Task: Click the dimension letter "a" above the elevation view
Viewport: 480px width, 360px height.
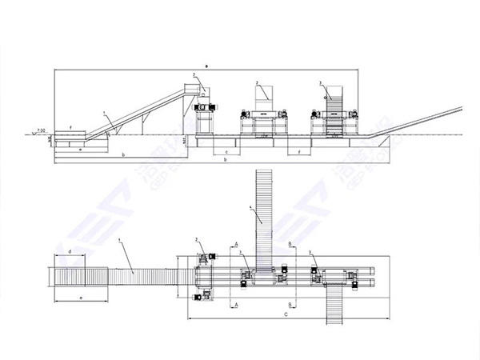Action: pos(206,63)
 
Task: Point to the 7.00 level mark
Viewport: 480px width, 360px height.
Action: pos(42,130)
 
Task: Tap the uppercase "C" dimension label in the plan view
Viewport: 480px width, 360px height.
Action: pos(286,316)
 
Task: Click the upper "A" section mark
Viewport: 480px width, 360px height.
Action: pos(236,241)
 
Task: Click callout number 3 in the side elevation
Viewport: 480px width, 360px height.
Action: pos(319,83)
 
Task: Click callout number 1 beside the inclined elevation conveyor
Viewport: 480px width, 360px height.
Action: pos(103,114)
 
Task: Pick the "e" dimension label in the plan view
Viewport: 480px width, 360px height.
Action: pos(81,297)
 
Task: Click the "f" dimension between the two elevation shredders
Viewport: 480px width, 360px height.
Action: pos(298,150)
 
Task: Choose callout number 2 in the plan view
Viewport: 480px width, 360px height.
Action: pos(196,240)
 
